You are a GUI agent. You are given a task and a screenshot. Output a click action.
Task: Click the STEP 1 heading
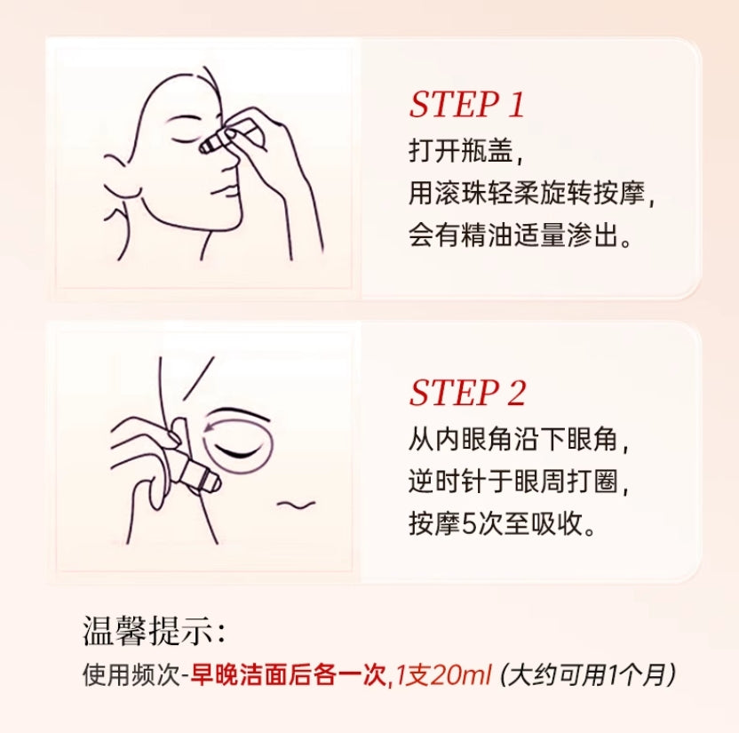[467, 105]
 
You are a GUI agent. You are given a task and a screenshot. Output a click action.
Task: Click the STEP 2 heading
[467, 393]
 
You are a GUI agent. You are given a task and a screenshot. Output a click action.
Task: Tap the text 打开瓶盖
[460, 150]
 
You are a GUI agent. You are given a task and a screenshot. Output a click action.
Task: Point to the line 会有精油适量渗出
[520, 237]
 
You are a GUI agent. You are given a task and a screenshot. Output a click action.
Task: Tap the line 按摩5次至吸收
[502, 524]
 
